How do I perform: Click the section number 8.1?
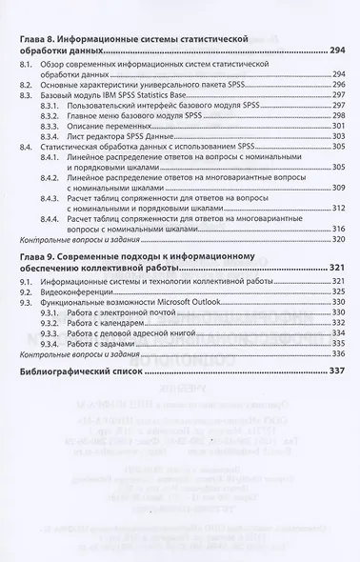pyautogui.click(x=28, y=64)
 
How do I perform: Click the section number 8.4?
pyautogui.click(x=28, y=151)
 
